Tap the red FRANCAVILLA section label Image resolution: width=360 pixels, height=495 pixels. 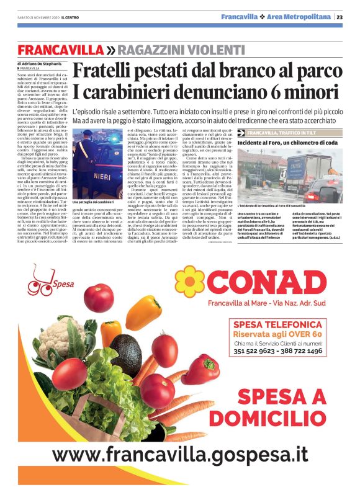[61, 50]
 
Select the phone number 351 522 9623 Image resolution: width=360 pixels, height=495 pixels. [256, 351]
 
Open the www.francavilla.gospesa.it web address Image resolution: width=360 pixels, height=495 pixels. [180, 453]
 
